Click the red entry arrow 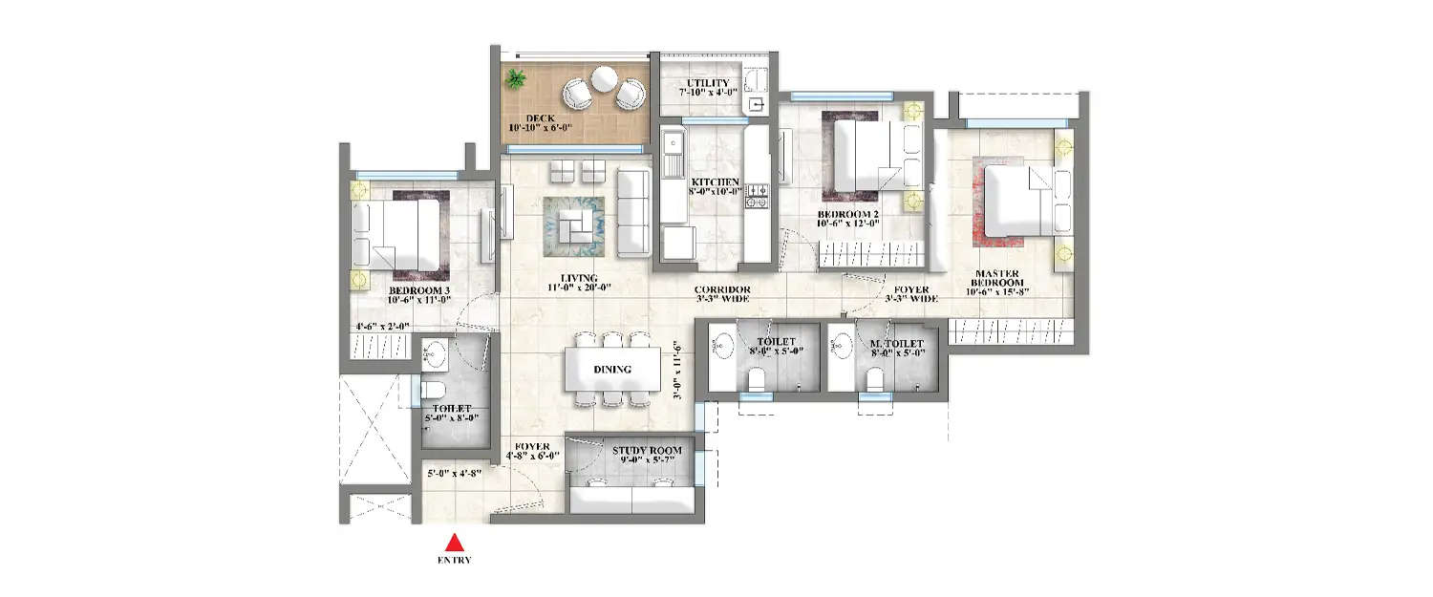click(455, 542)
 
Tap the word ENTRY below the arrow click(455, 561)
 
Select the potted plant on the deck click(516, 78)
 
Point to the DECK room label click(540, 119)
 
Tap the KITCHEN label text click(716, 181)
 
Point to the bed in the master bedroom click(1020, 200)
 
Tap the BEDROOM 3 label click(419, 290)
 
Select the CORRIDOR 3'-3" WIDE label click(722, 294)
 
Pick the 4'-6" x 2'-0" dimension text click(381, 326)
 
